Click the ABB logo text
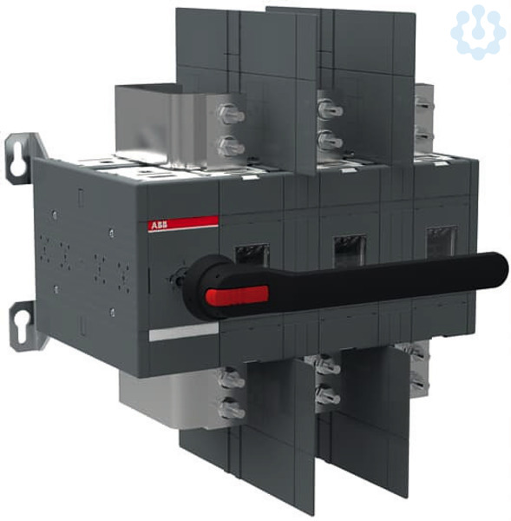(x=160, y=226)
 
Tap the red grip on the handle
(x=236, y=295)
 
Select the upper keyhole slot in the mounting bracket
(x=16, y=160)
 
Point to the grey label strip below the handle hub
(x=184, y=333)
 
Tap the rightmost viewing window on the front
(x=442, y=241)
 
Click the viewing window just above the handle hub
(x=252, y=254)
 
